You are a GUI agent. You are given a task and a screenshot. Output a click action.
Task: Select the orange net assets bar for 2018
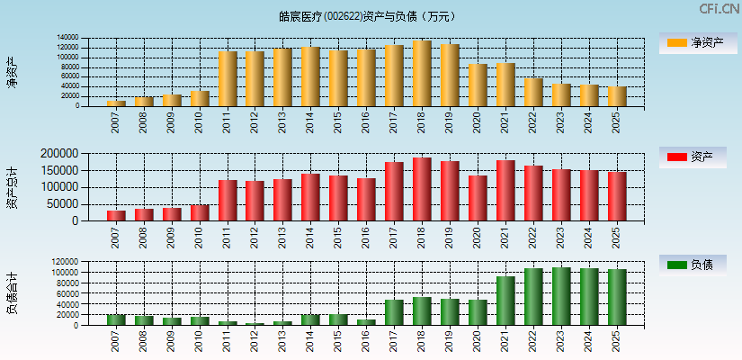(422, 74)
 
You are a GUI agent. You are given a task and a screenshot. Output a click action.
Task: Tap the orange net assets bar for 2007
(116, 103)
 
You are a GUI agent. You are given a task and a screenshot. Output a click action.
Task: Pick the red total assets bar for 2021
(505, 191)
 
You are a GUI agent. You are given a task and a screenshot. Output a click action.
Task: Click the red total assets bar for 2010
(200, 212)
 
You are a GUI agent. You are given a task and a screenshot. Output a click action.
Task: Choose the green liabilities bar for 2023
(561, 296)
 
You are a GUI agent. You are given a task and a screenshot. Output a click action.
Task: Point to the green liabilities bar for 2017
(394, 312)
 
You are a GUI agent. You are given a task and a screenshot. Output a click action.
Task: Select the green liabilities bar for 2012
(255, 324)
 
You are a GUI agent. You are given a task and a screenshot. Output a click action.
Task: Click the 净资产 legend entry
(693, 42)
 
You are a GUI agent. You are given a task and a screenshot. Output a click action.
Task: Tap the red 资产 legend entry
(693, 157)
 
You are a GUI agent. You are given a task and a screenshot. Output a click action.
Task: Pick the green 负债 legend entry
(693, 265)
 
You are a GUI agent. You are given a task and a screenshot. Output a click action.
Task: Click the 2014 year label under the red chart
(310, 237)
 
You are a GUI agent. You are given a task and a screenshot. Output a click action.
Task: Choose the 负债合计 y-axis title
(13, 293)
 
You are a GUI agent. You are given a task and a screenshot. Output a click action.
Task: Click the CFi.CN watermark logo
(719, 9)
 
